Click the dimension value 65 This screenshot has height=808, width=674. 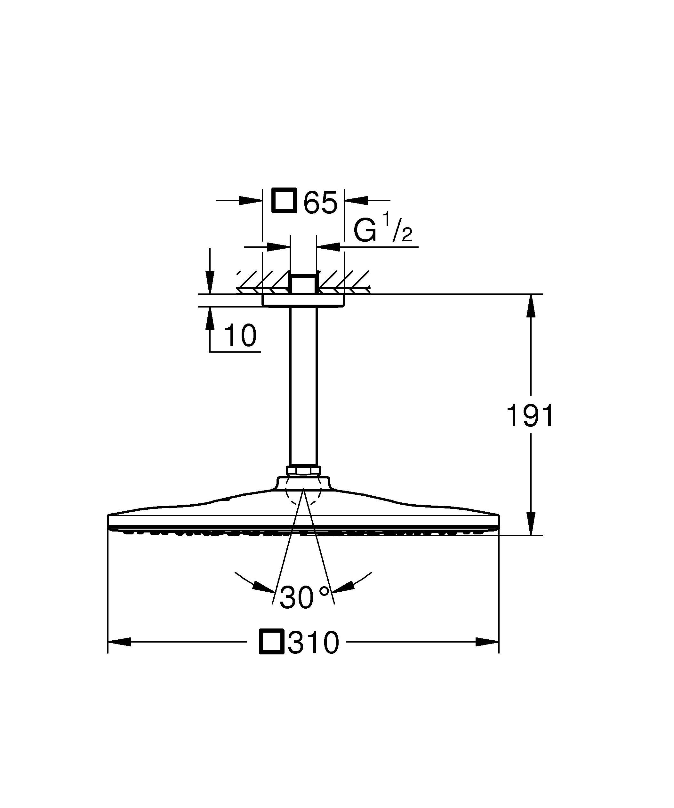(320, 202)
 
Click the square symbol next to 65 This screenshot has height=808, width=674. (284, 200)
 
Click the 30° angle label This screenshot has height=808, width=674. (304, 597)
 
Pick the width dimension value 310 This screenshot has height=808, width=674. (314, 642)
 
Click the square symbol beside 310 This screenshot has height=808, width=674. (272, 641)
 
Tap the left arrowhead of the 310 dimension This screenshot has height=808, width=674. (120, 641)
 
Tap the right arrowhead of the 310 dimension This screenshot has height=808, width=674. (487, 641)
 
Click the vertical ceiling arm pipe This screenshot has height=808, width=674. (303, 385)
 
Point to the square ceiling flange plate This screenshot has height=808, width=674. (303, 300)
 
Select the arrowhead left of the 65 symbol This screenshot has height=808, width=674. (250, 200)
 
